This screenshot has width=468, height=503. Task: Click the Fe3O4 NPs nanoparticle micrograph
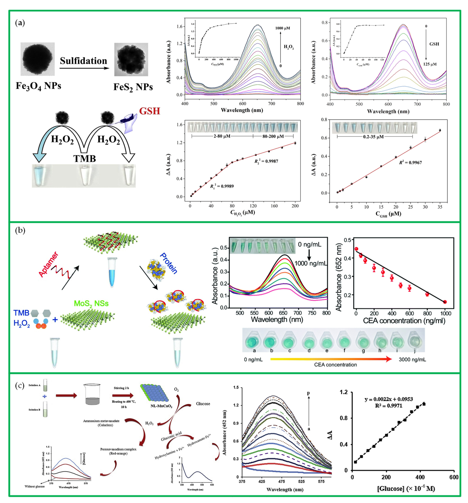click(x=38, y=59)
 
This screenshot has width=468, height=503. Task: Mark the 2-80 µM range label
click(x=222, y=136)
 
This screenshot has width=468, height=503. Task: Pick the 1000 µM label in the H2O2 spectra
click(x=283, y=28)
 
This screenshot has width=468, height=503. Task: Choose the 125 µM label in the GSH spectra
click(x=430, y=64)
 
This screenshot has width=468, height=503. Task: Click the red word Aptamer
click(x=49, y=264)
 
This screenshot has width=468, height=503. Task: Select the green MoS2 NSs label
click(x=91, y=303)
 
